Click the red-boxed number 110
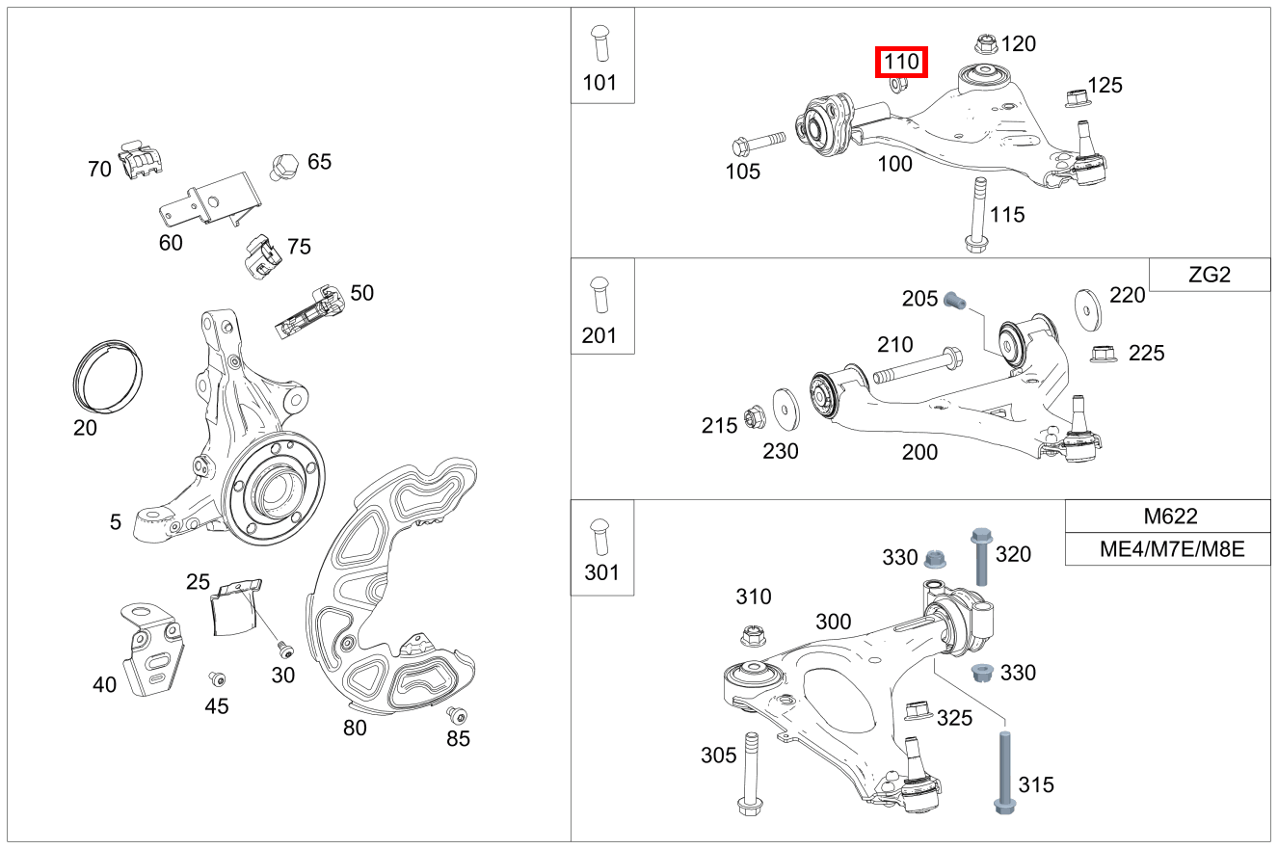901,63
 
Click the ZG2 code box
1210,275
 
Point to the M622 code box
1168,516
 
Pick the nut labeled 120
985,43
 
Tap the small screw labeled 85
456,715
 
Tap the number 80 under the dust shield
355,728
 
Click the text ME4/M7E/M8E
1168,550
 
